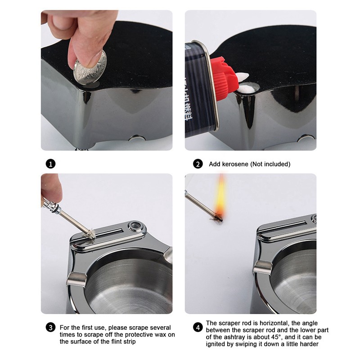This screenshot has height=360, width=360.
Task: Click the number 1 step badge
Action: pyautogui.click(x=51, y=164)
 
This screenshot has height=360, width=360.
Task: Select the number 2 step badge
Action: pyautogui.click(x=198, y=164)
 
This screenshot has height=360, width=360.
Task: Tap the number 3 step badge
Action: pyautogui.click(x=51, y=327)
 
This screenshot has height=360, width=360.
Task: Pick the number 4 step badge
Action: pyautogui.click(x=198, y=324)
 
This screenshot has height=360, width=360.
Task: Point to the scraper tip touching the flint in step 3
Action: pyautogui.click(x=90, y=233)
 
